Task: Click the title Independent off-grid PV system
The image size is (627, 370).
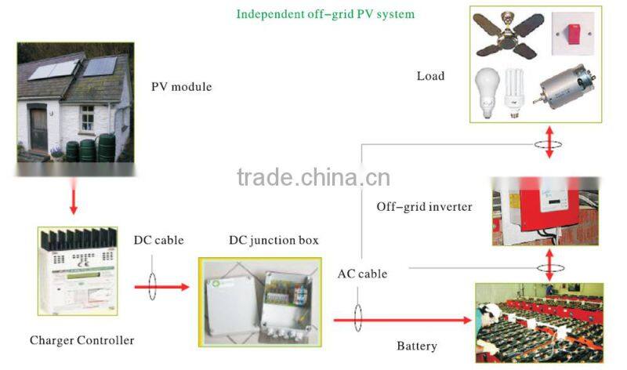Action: (325, 14)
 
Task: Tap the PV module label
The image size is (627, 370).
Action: (182, 87)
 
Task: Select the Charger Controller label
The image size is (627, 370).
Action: (82, 340)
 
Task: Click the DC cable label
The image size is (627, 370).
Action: (158, 240)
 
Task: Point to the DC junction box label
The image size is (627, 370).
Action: (274, 240)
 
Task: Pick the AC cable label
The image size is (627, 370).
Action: (362, 274)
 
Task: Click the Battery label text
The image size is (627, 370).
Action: (417, 346)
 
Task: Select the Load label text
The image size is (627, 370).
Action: (430, 76)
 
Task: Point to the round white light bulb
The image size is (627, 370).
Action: (486, 89)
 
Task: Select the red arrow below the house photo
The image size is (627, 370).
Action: (73, 201)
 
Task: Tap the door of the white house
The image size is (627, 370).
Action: (38, 129)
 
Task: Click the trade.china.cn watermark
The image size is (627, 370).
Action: (313, 178)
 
